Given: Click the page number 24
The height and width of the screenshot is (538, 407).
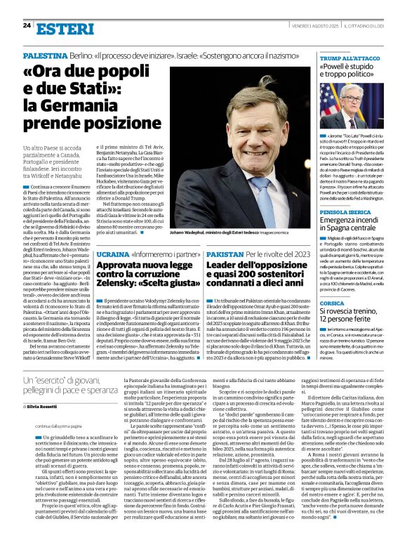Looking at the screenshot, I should coord(27,25).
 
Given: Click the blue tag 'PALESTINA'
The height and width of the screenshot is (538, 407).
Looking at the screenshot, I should coord(45,54).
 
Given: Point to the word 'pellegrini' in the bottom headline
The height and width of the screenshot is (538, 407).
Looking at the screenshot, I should coord(41,391).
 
